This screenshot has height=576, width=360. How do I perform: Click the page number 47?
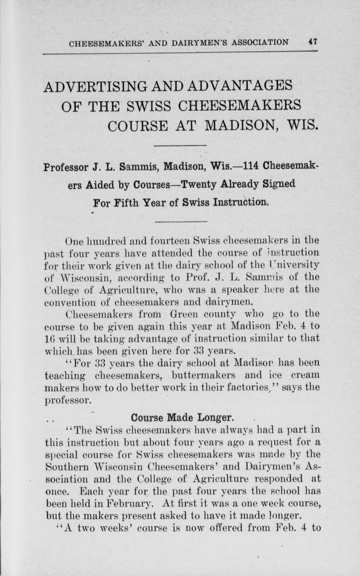313,41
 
